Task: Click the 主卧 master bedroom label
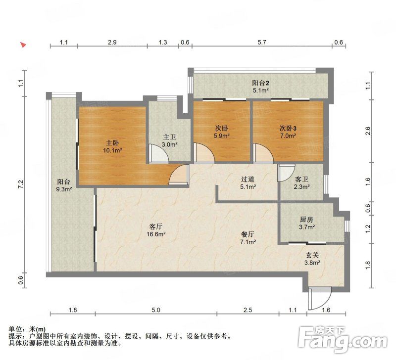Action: click(x=112, y=143)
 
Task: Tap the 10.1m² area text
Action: click(x=112, y=151)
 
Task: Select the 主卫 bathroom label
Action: click(x=169, y=137)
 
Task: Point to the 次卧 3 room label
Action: click(x=288, y=128)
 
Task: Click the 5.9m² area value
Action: click(x=221, y=136)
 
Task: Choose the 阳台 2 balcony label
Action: click(x=261, y=83)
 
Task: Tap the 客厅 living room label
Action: click(x=156, y=226)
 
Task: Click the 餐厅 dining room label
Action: click(x=248, y=234)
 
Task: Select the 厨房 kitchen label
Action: click(x=306, y=219)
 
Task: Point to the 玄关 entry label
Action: click(x=312, y=255)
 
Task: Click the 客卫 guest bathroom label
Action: click(x=302, y=179)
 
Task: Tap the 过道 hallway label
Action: click(x=247, y=179)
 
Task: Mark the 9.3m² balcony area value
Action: click(x=64, y=189)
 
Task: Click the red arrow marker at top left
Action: click(x=23, y=45)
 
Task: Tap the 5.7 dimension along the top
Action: click(x=262, y=42)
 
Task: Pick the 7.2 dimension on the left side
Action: click(x=21, y=184)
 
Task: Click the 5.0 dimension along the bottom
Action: click(x=156, y=310)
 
